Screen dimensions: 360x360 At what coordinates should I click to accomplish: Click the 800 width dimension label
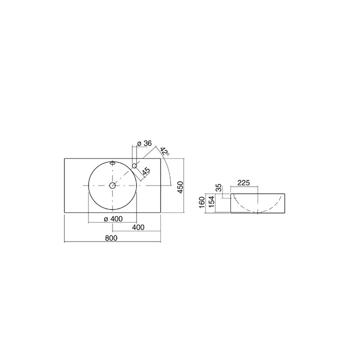click(x=111, y=238)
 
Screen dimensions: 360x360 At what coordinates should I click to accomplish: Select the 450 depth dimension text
click(x=180, y=187)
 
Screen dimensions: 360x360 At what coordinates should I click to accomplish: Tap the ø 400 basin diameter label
click(x=113, y=219)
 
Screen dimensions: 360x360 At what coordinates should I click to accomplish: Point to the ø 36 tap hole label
click(x=144, y=143)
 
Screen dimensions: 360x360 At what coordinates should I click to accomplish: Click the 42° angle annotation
click(x=164, y=151)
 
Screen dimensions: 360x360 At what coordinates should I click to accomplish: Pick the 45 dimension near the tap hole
click(x=146, y=171)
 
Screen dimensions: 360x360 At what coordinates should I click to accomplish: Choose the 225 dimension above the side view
click(x=243, y=183)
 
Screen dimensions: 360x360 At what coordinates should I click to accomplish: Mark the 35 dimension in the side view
click(x=219, y=187)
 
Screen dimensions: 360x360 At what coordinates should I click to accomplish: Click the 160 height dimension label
click(x=202, y=202)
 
